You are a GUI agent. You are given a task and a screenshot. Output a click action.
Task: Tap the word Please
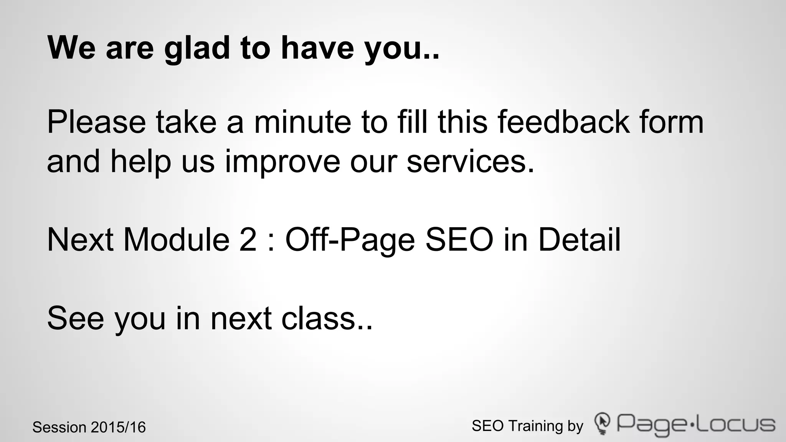pos(96,122)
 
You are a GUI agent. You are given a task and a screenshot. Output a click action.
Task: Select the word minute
pos(302,122)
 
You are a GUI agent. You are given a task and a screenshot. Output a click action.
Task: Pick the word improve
pos(282,162)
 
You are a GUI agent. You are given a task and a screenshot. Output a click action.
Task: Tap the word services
pos(470,162)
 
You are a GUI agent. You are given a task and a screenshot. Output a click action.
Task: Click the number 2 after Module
pos(248,240)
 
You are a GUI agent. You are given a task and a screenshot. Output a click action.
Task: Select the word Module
pos(176,240)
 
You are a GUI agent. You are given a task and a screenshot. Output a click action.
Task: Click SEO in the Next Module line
pos(459,240)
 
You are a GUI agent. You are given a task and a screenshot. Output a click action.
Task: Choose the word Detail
pos(579,240)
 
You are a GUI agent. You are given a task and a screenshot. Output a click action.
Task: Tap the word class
pos(322,318)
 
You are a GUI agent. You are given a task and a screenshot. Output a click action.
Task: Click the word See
pos(75,318)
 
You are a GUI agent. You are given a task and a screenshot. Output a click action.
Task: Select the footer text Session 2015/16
pos(89,427)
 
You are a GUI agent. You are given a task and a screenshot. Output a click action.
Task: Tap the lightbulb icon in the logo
pos(602,424)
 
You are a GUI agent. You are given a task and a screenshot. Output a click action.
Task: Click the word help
pos(140,162)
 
